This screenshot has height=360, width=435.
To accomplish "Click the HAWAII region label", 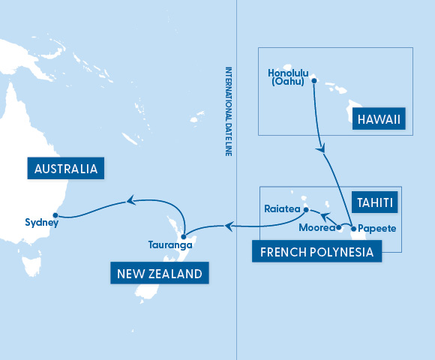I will pos(380,120).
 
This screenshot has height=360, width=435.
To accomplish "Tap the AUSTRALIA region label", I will pos(64,168).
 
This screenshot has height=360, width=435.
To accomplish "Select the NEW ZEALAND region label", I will pos(160,274).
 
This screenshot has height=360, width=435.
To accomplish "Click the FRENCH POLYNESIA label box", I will pos(316,251).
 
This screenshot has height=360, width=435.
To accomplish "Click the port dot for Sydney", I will pos(55,214).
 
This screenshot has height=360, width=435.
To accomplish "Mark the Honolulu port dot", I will pos(314,81).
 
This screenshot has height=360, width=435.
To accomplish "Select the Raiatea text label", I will pos(282,209).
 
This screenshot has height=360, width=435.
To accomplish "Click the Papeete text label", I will pos(377,227).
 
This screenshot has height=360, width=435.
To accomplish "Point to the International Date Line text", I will pos(229,102).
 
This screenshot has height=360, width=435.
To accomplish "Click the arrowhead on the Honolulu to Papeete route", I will pos(322,150).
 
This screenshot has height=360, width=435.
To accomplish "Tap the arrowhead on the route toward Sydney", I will pos(130,199).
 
